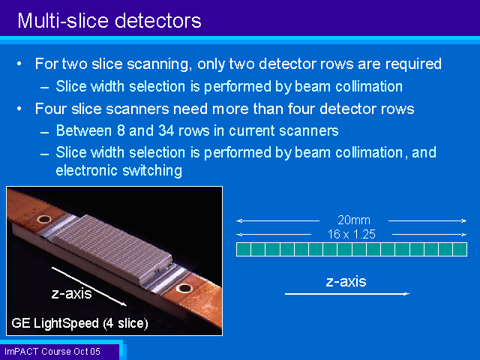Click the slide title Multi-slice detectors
coord(109,21)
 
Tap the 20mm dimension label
coord(354,220)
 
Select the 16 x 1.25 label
coord(352,235)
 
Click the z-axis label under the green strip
coord(346,282)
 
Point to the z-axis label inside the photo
coord(72,293)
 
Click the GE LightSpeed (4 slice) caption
coord(79,323)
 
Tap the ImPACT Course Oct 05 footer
coord(52,352)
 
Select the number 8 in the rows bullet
coord(121,130)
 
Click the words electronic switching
coord(118,170)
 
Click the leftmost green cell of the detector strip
coord(243,249)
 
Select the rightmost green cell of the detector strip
coord(460,249)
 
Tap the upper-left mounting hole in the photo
coord(44,219)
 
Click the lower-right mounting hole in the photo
coord(184,288)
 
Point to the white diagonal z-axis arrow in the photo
coord(89,286)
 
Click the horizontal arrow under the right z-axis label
coord(346,294)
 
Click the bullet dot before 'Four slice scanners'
coord(19,109)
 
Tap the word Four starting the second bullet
coord(51,109)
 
